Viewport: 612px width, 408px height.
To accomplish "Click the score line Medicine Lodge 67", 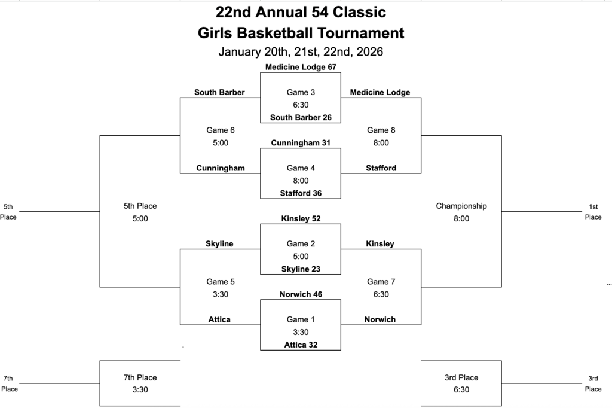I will pyautogui.click(x=301, y=67).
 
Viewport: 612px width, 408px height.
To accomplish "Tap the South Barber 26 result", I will pyautogui.click(x=301, y=117).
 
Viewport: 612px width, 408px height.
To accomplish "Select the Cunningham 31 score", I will pyautogui.click(x=301, y=143).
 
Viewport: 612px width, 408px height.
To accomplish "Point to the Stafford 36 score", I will pyautogui.click(x=301, y=193).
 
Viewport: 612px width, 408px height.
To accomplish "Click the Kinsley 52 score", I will pyautogui.click(x=301, y=218).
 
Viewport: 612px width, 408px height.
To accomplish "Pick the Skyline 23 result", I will pyautogui.click(x=301, y=269).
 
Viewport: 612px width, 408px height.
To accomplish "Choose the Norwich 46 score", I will pyautogui.click(x=301, y=294).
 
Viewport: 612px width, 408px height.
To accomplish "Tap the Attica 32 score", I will pyautogui.click(x=301, y=345).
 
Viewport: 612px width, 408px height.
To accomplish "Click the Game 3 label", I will pyautogui.click(x=301, y=92).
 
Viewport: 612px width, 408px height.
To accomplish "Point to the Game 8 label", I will pyautogui.click(x=381, y=130).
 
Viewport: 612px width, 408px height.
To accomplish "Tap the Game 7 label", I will pyautogui.click(x=381, y=281).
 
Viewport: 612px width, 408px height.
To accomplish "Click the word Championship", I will pyautogui.click(x=461, y=206).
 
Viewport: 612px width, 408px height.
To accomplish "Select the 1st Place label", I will pyautogui.click(x=593, y=212).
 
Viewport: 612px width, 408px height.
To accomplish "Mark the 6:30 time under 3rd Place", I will pyautogui.click(x=461, y=389).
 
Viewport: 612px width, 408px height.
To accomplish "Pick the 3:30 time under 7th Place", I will pyautogui.click(x=140, y=389).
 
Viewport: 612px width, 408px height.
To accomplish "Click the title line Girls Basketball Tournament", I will pyautogui.click(x=301, y=33).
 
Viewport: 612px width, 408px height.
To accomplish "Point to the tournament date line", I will pyautogui.click(x=301, y=52).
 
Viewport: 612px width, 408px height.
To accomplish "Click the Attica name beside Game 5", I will pyautogui.click(x=220, y=319).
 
